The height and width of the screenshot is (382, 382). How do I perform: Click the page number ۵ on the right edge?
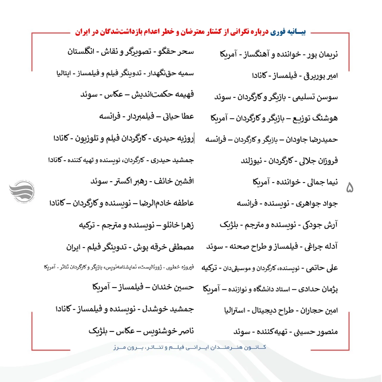click(x=349, y=188)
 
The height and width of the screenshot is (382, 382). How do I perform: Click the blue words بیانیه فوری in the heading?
click(x=288, y=32)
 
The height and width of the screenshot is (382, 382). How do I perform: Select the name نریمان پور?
click(x=322, y=55)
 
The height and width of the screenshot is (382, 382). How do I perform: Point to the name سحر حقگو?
click(x=176, y=52)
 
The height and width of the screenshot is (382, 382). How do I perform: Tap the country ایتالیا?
click(x=64, y=73)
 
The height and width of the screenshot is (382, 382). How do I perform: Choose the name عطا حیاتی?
click(x=178, y=116)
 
